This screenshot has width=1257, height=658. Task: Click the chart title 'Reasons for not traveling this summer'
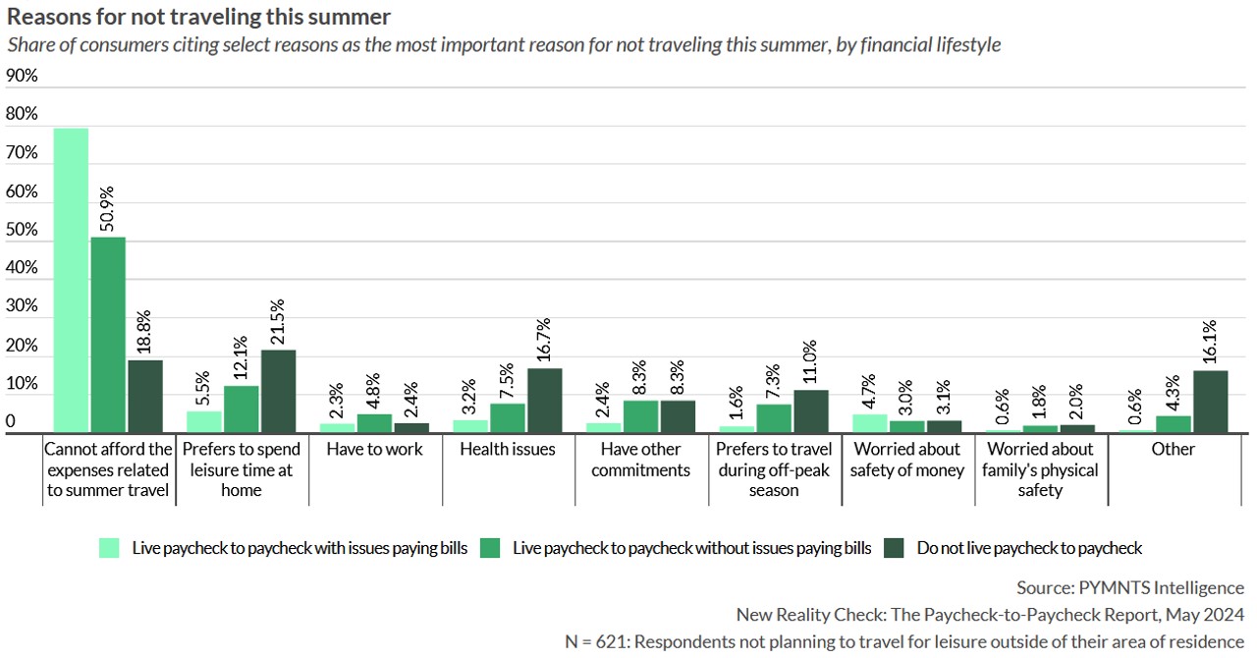tap(198, 17)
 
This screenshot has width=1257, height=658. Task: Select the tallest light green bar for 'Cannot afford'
tap(72, 281)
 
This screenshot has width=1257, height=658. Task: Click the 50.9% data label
tap(107, 209)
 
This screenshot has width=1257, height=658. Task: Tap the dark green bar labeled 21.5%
tap(278, 391)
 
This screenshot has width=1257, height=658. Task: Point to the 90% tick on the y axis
tap(22, 76)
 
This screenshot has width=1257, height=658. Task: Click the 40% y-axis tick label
tap(22, 267)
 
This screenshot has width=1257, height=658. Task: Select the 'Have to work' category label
tap(374, 449)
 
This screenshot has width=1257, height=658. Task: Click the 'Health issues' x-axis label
tap(508, 449)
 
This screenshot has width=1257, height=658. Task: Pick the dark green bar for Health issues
tap(544, 401)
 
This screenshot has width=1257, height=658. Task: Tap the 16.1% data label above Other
tap(1210, 342)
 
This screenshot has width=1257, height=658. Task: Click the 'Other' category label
tap(1173, 449)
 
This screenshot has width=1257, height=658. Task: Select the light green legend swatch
tap(109, 548)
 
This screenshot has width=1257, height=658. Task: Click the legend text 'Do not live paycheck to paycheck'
tap(1029, 548)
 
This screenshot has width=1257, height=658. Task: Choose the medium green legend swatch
tap(490, 548)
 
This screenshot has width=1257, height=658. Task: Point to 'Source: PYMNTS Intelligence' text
tap(1130, 588)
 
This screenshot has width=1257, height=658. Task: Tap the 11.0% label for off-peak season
tap(810, 362)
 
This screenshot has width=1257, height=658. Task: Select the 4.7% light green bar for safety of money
tap(870, 424)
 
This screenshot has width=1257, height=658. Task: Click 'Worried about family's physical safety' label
tap(1040, 469)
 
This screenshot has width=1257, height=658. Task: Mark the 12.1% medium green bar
tap(242, 410)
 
